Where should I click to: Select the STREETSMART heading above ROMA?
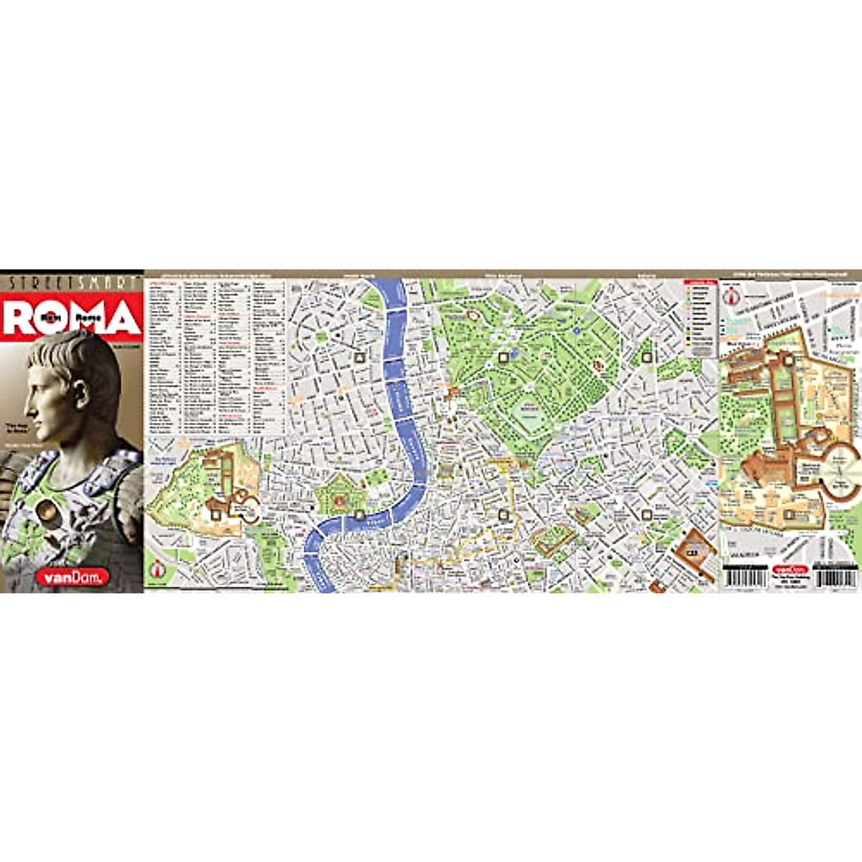pos(72,283)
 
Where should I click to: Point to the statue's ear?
pos(79,391)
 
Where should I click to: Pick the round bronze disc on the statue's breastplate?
pos(49,511)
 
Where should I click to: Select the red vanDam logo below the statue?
pos(83,575)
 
